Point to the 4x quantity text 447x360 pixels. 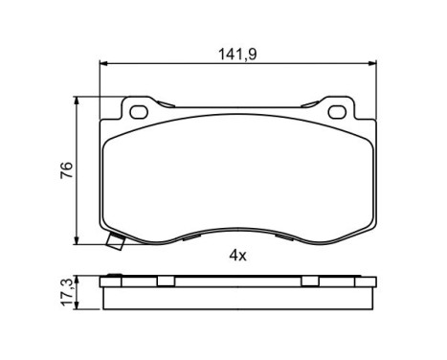tap(237, 255)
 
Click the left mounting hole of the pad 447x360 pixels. tap(139, 111)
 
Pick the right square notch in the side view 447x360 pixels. tap(309, 281)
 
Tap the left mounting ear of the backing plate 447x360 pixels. tap(139, 110)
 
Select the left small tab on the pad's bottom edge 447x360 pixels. tap(193, 234)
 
